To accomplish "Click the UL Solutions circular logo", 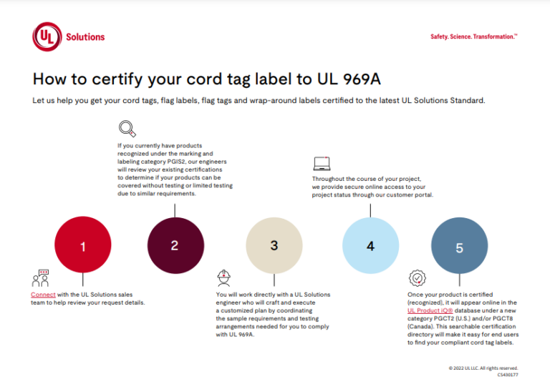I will [x=47, y=36].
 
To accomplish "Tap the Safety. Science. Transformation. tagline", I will [x=473, y=36].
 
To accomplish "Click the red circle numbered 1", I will [x=83, y=246].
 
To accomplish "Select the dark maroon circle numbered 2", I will [x=175, y=245].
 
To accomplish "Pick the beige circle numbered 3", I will [x=274, y=245].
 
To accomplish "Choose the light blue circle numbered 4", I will [x=370, y=246].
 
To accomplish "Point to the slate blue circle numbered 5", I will [x=460, y=247].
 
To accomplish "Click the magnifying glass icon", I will [x=127, y=129].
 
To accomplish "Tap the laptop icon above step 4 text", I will [x=322, y=163].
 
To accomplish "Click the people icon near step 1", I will [x=40, y=278].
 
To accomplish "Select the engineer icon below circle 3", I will [x=223, y=277].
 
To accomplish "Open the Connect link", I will [x=43, y=295].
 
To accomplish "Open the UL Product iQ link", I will [x=433, y=311].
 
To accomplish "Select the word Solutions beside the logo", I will [x=85, y=36].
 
